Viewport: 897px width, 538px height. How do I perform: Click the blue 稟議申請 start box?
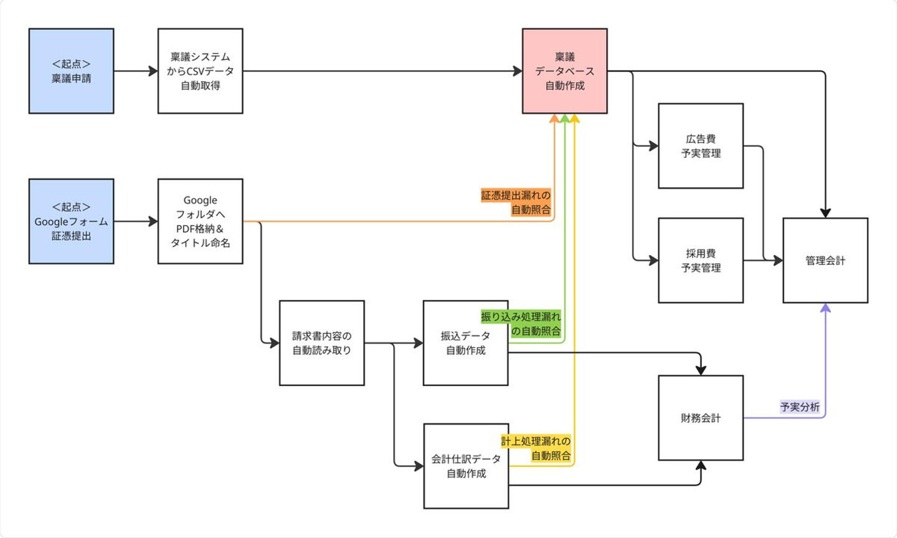[71, 71]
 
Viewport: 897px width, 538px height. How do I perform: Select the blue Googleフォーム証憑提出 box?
[71, 221]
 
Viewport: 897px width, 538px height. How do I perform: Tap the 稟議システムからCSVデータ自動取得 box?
[200, 71]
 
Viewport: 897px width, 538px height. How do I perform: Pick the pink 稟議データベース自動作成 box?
[564, 71]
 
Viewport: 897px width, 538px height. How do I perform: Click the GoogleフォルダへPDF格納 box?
[200, 221]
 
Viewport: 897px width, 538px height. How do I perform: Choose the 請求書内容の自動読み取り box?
[321, 343]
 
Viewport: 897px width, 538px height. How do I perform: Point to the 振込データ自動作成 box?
[465, 343]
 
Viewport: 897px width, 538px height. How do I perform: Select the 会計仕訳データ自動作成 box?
[466, 466]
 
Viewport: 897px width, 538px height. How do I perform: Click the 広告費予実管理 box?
[701, 146]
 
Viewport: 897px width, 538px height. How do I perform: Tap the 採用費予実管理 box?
[701, 261]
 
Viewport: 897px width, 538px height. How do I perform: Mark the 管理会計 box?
[825, 261]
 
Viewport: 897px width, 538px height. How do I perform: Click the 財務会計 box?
[701, 418]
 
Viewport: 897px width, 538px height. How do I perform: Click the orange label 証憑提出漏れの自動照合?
[516, 203]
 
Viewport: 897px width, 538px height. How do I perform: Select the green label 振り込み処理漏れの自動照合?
[521, 324]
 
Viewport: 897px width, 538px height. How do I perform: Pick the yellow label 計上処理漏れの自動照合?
[536, 448]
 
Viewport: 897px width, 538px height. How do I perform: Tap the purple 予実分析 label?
[800, 407]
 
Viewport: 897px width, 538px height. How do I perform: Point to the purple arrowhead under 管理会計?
[825, 307]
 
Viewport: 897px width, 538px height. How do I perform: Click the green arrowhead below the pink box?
[564, 118]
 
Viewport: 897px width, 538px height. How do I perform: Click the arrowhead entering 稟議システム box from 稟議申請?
[153, 71]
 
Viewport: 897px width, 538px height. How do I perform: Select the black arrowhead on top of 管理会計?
[825, 213]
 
